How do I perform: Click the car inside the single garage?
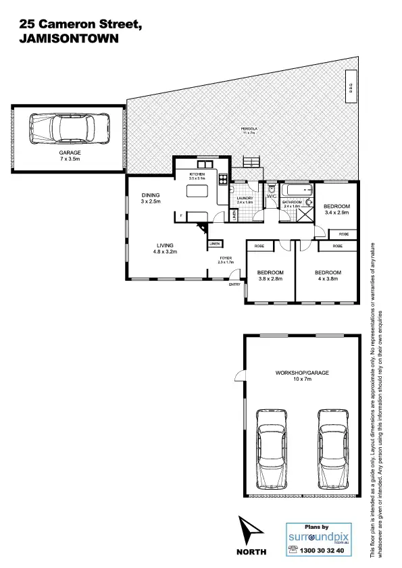[68, 127]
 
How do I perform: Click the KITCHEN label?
[197, 176]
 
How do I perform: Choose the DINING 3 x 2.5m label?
[150, 199]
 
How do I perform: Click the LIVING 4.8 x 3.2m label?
[166, 248]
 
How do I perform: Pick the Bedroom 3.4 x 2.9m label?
[336, 209]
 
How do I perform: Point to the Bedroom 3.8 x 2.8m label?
[270, 275]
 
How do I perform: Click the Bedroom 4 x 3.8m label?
[328, 275]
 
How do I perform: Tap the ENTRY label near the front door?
[234, 284]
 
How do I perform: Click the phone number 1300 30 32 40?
[322, 551]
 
